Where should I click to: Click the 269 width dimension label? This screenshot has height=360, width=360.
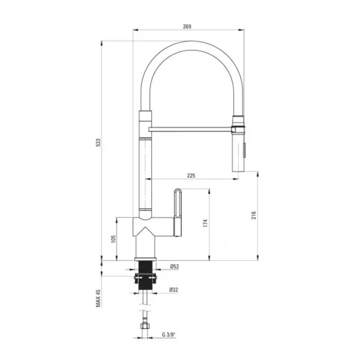187,26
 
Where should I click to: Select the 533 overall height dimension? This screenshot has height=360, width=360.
98,143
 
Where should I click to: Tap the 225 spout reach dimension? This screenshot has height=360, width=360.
191,176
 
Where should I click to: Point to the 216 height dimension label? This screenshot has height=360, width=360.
253,215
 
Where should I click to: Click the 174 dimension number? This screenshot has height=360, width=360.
205,223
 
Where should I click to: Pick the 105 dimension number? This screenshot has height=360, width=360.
113,239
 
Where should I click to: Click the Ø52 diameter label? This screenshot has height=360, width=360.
175,266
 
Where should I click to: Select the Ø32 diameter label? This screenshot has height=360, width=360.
174,290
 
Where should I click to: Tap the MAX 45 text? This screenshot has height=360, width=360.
98,298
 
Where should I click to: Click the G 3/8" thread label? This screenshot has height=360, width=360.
169,335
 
